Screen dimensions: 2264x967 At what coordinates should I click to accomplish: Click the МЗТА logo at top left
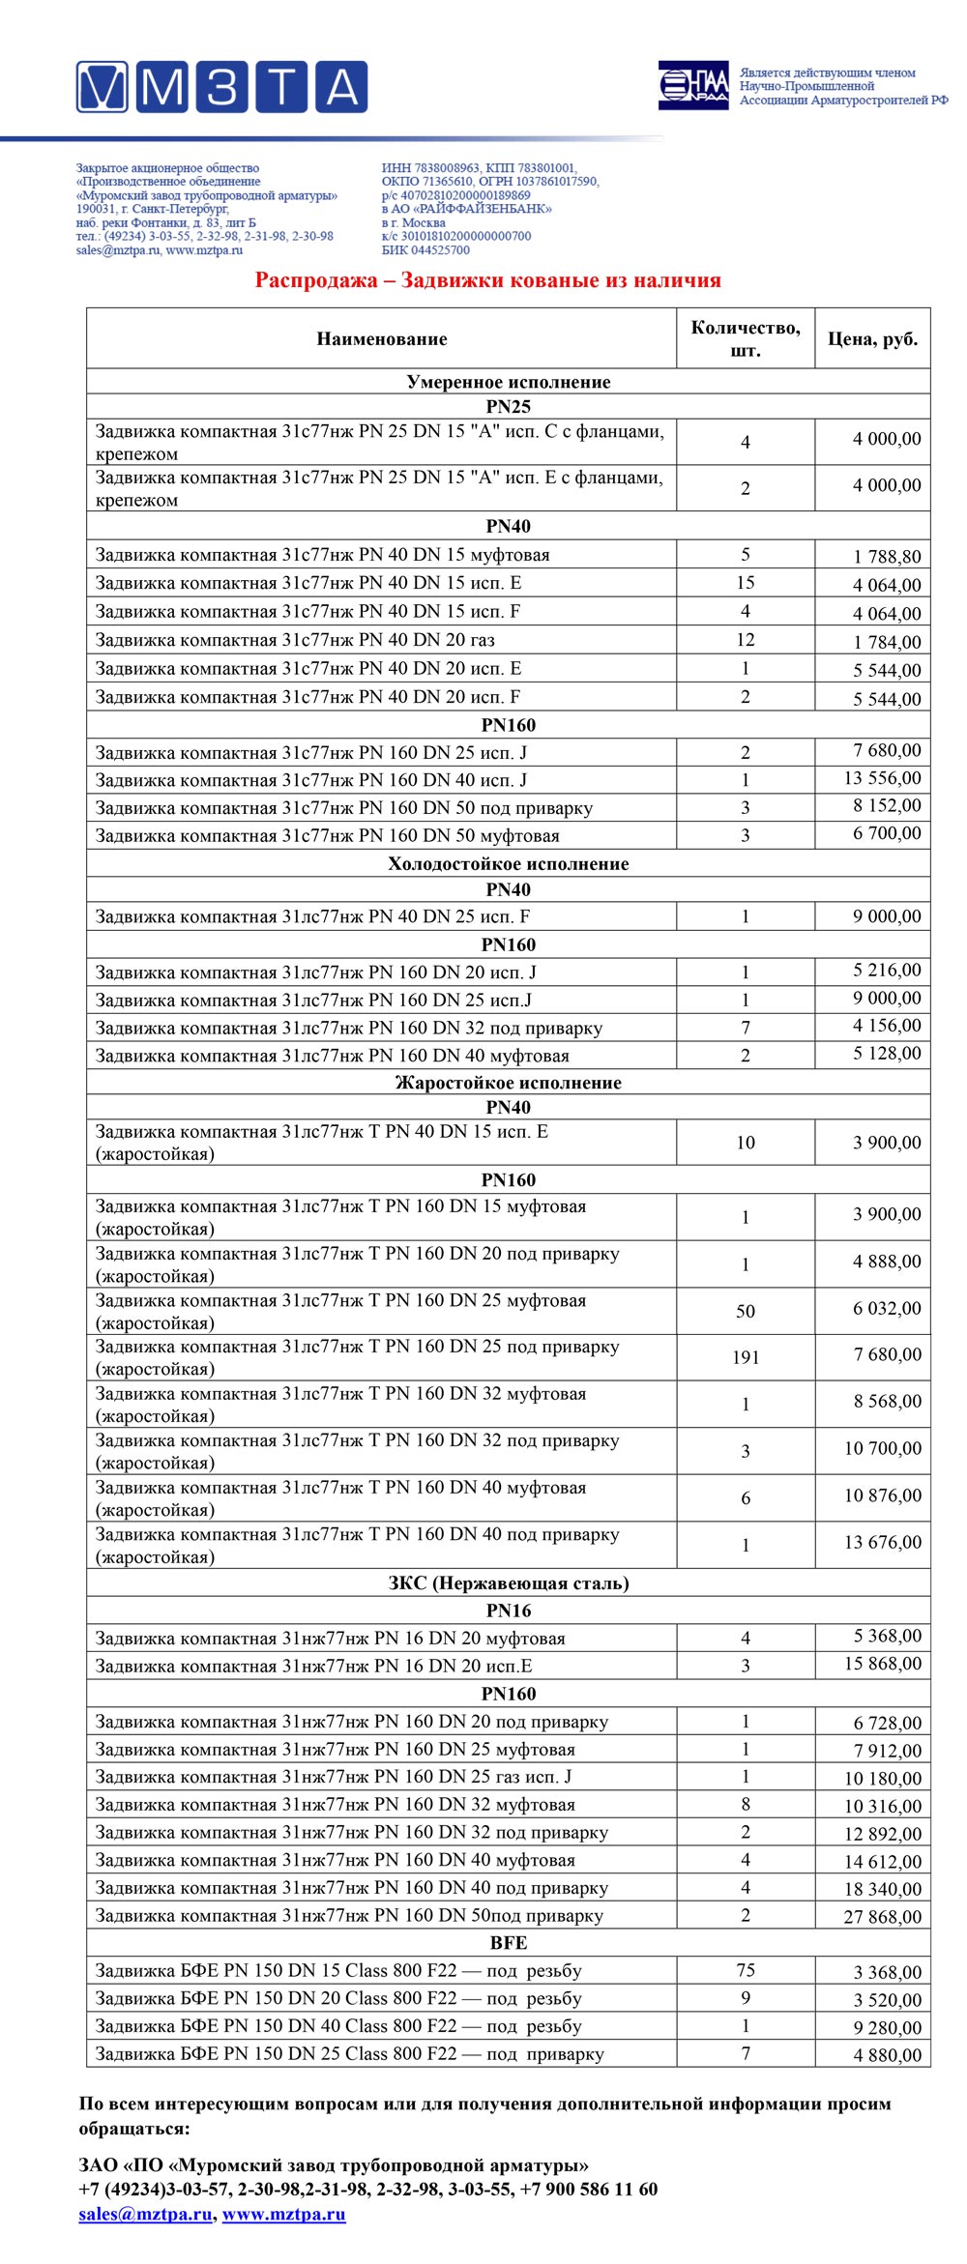(x=221, y=87)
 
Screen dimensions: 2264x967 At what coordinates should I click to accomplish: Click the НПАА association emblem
(x=693, y=86)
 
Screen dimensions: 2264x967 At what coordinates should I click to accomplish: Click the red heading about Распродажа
(x=487, y=280)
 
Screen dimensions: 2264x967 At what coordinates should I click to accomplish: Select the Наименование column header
(x=381, y=339)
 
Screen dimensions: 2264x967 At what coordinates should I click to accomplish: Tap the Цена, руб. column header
(x=872, y=339)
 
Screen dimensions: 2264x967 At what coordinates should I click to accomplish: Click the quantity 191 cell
(x=745, y=1357)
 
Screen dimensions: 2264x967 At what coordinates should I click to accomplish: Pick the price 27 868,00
(x=882, y=1916)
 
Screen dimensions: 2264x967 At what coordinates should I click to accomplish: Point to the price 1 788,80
(x=887, y=556)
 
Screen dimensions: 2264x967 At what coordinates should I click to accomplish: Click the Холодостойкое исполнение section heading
(x=508, y=863)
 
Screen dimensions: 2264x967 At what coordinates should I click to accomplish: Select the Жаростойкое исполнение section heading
(x=508, y=1083)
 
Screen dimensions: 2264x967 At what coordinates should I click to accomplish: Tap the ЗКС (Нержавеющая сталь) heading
(x=508, y=1582)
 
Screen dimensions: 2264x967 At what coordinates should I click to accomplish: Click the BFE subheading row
(x=508, y=1942)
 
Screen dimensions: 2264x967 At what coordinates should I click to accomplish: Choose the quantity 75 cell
(x=745, y=1970)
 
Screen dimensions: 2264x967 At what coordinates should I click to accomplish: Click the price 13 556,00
(x=882, y=778)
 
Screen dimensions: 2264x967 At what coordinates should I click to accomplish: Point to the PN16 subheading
(x=508, y=1611)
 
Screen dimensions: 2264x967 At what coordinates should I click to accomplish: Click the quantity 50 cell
(x=745, y=1311)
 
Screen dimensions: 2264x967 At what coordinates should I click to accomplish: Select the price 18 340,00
(x=882, y=1888)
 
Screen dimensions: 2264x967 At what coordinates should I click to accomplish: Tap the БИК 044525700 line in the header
(x=425, y=250)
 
